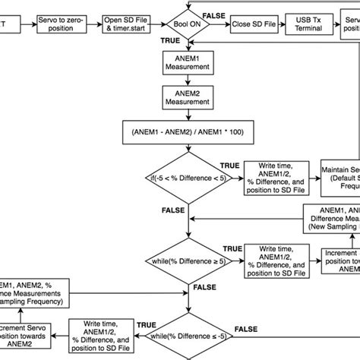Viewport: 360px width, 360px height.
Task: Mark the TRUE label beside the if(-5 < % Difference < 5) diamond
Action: click(229, 165)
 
